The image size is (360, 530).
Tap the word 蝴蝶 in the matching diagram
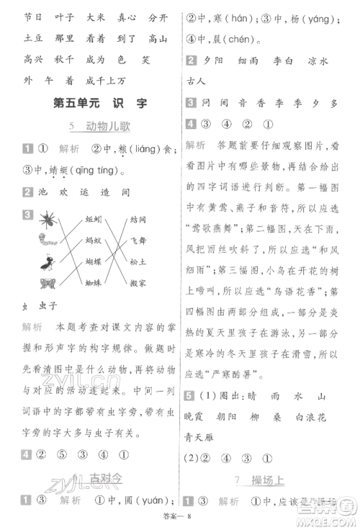point(94,264)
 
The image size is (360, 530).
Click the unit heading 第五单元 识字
point(95,104)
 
